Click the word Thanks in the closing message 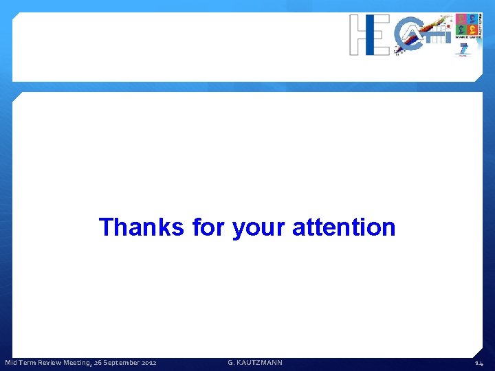pyautogui.click(x=141, y=227)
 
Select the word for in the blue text pyautogui.click(x=209, y=227)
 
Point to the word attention pyautogui.click(x=344, y=227)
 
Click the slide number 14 pyautogui.click(x=478, y=363)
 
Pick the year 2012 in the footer pyautogui.click(x=148, y=363)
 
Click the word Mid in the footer pyautogui.click(x=12, y=363)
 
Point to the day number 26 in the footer pyautogui.click(x=98, y=363)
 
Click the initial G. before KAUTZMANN pyautogui.click(x=231, y=363)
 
